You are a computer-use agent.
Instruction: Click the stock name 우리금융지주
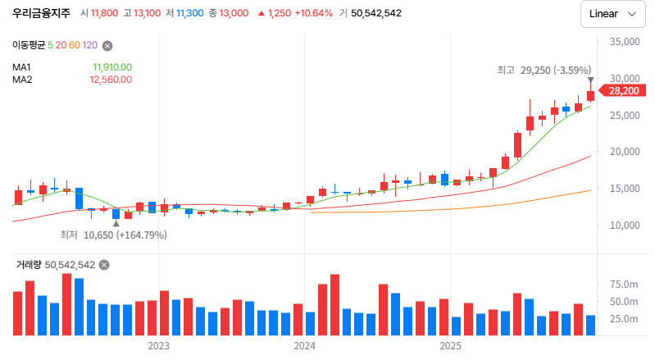tap(41, 13)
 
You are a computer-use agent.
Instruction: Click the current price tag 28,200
tap(623, 90)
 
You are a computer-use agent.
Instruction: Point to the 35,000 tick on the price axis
tap(624, 41)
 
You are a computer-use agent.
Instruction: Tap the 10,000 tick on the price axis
tap(624, 225)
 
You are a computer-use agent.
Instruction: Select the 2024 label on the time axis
tap(304, 346)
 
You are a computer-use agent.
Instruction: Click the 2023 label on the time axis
tap(158, 346)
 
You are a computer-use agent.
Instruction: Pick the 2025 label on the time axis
tap(450, 346)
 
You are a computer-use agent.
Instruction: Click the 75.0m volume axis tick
tap(624, 284)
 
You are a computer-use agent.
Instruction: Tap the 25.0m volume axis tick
tap(624, 318)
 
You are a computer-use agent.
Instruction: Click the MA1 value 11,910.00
tap(112, 67)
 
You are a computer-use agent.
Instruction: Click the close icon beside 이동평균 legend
tap(107, 46)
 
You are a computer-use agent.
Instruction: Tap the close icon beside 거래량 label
tap(104, 265)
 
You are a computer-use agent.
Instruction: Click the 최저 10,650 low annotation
tap(113, 235)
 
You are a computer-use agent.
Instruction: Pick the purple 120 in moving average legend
tap(90, 46)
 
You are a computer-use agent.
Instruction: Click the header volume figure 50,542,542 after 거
tap(370, 13)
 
